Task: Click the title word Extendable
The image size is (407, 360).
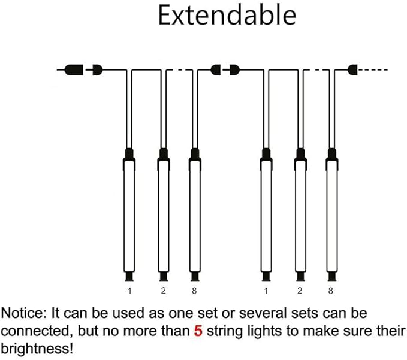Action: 227,16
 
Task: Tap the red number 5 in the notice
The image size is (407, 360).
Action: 198,331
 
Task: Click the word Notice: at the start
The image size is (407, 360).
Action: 23,313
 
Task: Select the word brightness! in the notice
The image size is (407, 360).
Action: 37,349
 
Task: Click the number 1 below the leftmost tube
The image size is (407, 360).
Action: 129,291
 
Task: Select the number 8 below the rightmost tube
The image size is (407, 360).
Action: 330,291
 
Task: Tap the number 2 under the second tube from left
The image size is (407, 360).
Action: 163,291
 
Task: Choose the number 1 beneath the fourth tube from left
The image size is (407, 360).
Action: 266,291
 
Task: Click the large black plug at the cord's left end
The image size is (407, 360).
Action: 74,70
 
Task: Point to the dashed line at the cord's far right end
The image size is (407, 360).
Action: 372,69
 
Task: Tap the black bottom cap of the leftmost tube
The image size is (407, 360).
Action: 129,276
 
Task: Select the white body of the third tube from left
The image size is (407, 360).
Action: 195,216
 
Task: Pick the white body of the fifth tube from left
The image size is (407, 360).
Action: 300,216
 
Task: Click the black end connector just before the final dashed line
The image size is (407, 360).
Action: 352,69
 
